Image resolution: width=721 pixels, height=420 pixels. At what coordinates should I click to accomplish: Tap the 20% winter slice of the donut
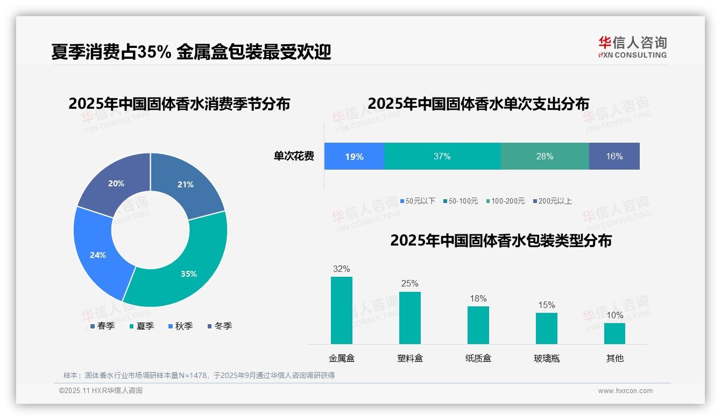tap(116, 183)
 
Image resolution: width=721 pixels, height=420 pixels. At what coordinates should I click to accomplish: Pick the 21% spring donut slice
tap(186, 185)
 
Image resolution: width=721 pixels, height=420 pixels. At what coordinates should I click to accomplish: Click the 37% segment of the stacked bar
tap(442, 157)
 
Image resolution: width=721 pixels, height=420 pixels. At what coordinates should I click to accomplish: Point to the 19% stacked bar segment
tap(354, 157)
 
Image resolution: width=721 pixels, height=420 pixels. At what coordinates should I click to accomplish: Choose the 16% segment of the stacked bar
tap(614, 157)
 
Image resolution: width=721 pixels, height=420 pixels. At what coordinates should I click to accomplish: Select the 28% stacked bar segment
tap(545, 157)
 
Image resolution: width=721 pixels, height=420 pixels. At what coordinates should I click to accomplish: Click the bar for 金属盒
tap(342, 311)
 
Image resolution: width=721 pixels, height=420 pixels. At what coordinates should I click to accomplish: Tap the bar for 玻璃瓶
tap(546, 328)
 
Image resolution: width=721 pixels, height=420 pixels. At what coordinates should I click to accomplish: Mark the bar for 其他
tap(614, 333)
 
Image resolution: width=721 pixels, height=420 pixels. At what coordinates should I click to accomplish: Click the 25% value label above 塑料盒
tap(409, 284)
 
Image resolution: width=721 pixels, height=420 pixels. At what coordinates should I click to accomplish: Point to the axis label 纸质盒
tap(478, 358)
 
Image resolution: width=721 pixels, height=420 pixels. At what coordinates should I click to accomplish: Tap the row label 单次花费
tap(294, 157)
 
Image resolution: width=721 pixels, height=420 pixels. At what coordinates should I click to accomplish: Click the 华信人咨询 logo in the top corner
tap(632, 47)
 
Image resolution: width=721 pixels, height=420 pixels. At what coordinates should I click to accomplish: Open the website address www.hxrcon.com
tap(625, 391)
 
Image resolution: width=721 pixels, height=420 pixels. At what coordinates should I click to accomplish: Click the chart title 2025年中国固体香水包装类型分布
tap(500, 241)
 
